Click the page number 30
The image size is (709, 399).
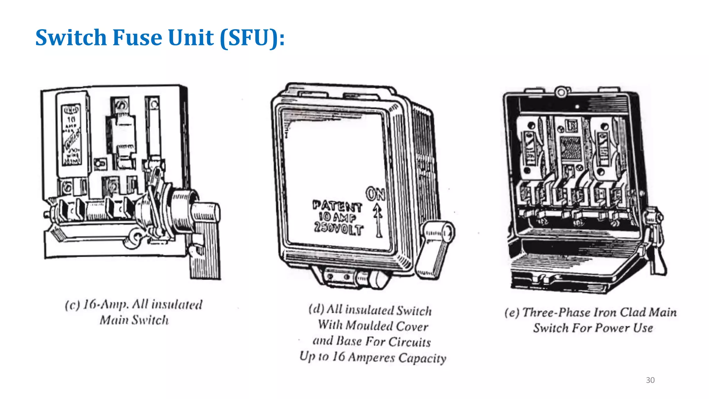point(650,380)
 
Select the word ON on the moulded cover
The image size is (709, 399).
point(375,194)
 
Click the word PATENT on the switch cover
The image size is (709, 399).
point(337,206)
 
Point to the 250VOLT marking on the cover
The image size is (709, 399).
point(339,229)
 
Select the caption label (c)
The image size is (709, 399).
point(72,305)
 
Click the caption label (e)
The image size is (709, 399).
point(512,313)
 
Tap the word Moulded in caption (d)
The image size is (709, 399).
point(369,326)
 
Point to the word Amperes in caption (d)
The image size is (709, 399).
point(371,357)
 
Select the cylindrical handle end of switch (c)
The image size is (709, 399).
point(206,211)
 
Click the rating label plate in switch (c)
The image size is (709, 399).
point(72,135)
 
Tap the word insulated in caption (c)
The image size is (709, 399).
point(177,305)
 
